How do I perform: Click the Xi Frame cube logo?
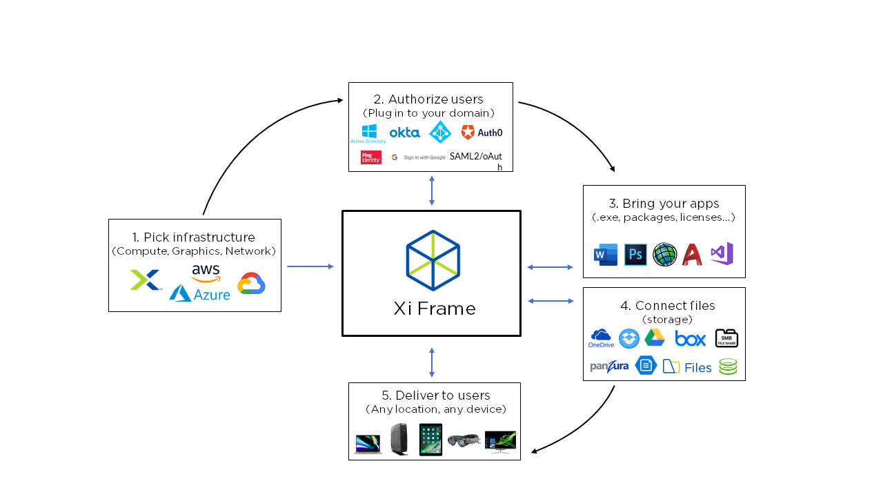coord(433,260)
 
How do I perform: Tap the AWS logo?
coord(206,273)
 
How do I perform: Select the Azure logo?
coord(200,293)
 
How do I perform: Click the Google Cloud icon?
coord(252,284)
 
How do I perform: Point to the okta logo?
coord(404,132)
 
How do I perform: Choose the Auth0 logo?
coord(482,132)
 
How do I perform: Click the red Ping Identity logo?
coord(370,157)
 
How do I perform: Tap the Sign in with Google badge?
coord(419,157)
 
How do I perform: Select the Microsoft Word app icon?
coord(605,255)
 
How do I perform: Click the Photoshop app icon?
coord(635,255)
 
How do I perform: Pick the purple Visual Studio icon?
coord(722,254)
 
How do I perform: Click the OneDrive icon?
coord(601,338)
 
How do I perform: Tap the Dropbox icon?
coord(628,338)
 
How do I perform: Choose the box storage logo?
coord(690,338)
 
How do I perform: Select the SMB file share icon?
coord(726,338)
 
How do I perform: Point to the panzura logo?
coord(609,366)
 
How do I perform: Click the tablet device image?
coord(430,439)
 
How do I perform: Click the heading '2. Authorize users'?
coord(430,100)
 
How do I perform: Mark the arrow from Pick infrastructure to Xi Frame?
coord(310,266)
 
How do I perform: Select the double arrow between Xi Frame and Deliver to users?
coord(432,362)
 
